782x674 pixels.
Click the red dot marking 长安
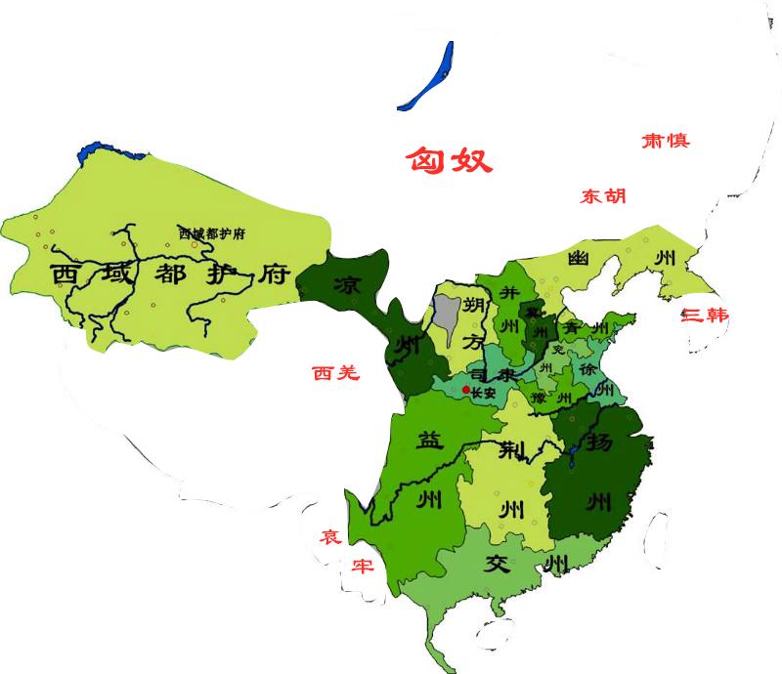click(465, 391)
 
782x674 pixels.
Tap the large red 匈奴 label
click(449, 160)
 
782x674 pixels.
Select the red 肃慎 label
click(665, 141)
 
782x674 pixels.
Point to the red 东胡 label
click(602, 196)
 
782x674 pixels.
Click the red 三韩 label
click(705, 316)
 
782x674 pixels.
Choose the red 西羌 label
click(335, 372)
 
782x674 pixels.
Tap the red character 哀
click(330, 536)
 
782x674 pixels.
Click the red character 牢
click(363, 566)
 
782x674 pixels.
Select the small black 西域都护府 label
click(211, 233)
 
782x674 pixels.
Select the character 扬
click(599, 442)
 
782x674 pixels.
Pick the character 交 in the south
click(499, 564)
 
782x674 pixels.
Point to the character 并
click(508, 292)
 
